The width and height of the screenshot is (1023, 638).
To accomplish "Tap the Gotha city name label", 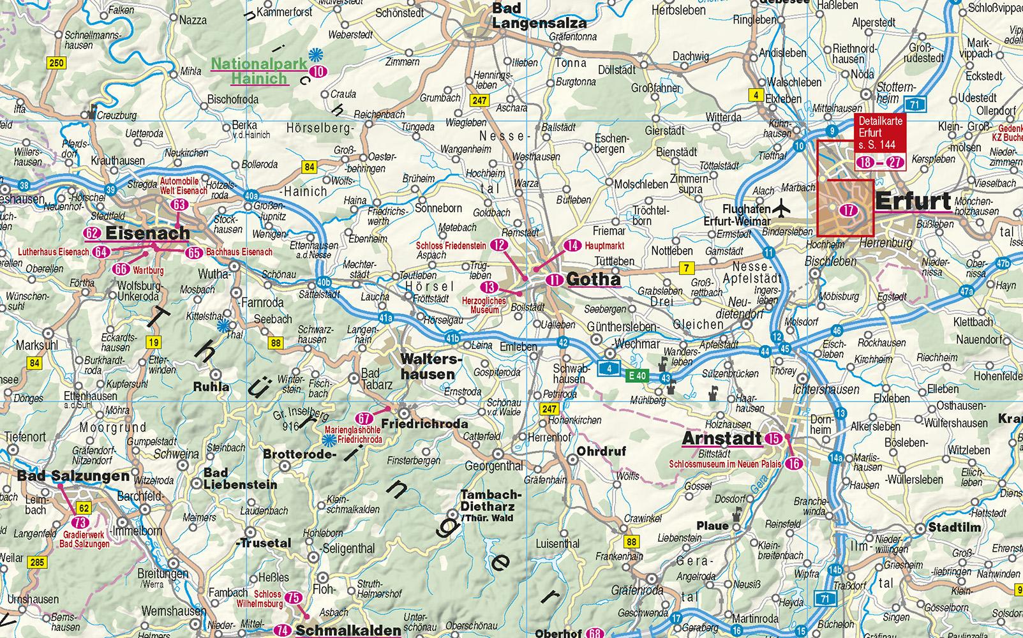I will point(593,279).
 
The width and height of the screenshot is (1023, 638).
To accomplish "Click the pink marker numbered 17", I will point(848,211).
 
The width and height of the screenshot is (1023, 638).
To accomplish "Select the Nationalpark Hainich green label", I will point(250,71).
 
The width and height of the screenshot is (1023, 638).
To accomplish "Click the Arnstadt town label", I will point(722,438).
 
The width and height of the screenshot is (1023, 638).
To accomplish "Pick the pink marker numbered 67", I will point(364,419).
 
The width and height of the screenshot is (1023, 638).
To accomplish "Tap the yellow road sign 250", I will point(56,63).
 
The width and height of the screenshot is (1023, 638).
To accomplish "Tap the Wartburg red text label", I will point(148,271).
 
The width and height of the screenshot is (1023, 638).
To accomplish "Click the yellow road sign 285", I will point(37,561).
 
